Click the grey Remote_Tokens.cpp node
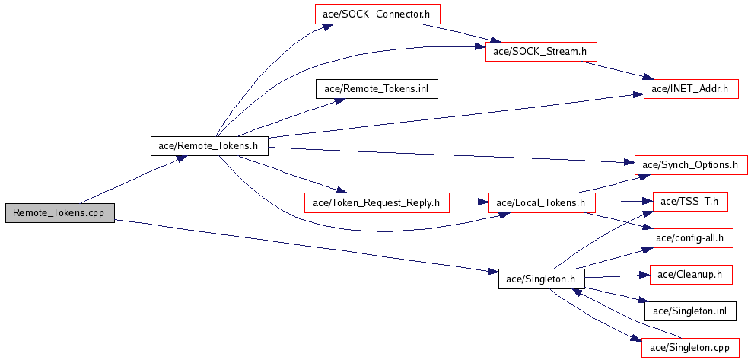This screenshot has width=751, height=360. pyautogui.click(x=59, y=214)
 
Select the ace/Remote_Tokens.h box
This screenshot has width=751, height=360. pyautogui.click(x=209, y=145)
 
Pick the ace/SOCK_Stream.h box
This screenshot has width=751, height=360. pyautogui.click(x=540, y=51)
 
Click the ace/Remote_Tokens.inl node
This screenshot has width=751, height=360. pyautogui.click(x=377, y=88)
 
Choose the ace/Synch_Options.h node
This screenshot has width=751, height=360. pyautogui.click(x=690, y=164)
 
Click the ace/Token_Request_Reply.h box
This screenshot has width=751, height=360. pyautogui.click(x=377, y=202)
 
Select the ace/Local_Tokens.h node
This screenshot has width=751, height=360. pyautogui.click(x=540, y=202)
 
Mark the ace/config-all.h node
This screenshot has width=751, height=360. pyautogui.click(x=690, y=238)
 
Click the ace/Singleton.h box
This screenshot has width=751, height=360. pyautogui.click(x=540, y=279)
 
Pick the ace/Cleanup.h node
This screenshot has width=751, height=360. pyautogui.click(x=690, y=274)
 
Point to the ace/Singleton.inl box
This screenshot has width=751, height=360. pyautogui.click(x=690, y=311)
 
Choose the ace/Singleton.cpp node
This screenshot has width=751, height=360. pyautogui.click(x=690, y=348)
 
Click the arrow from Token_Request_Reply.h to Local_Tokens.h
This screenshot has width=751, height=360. pyautogui.click(x=468, y=202)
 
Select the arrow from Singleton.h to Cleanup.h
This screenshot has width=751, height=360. pyautogui.click(x=616, y=276)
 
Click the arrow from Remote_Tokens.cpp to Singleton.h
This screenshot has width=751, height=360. pyautogui.click(x=304, y=245)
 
